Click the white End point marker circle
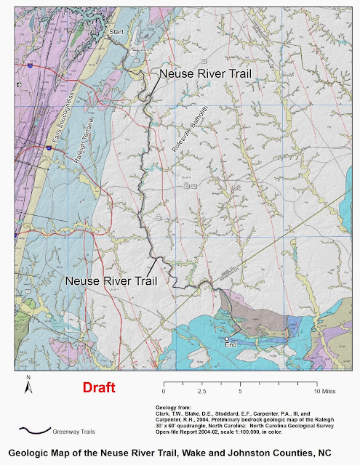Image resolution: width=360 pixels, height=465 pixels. click(227, 339)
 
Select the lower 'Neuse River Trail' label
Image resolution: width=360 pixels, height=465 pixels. click(111, 279)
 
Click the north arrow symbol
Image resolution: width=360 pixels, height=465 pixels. click(27, 387)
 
